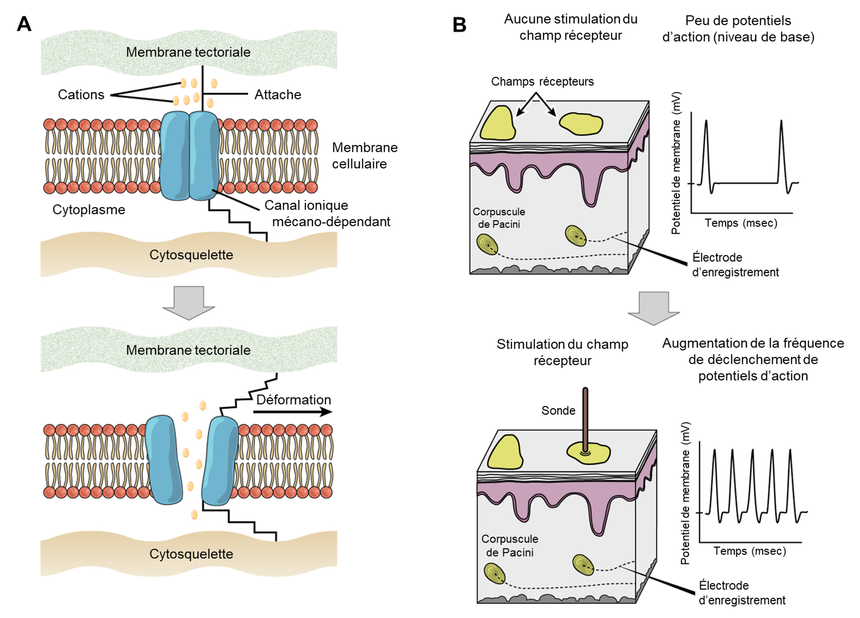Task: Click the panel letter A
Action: point(24,24)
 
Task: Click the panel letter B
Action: point(459,25)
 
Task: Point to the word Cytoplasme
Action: point(89,210)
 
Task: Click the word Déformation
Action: point(293,400)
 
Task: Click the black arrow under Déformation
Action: point(292,412)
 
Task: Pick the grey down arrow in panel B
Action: point(654,308)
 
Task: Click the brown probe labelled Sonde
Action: point(585,417)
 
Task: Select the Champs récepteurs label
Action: point(542,82)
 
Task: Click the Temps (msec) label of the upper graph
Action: point(741,223)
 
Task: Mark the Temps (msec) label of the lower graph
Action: point(750,551)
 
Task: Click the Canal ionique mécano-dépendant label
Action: point(327,213)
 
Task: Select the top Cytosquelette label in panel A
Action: point(191,255)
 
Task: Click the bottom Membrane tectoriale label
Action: point(188,350)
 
